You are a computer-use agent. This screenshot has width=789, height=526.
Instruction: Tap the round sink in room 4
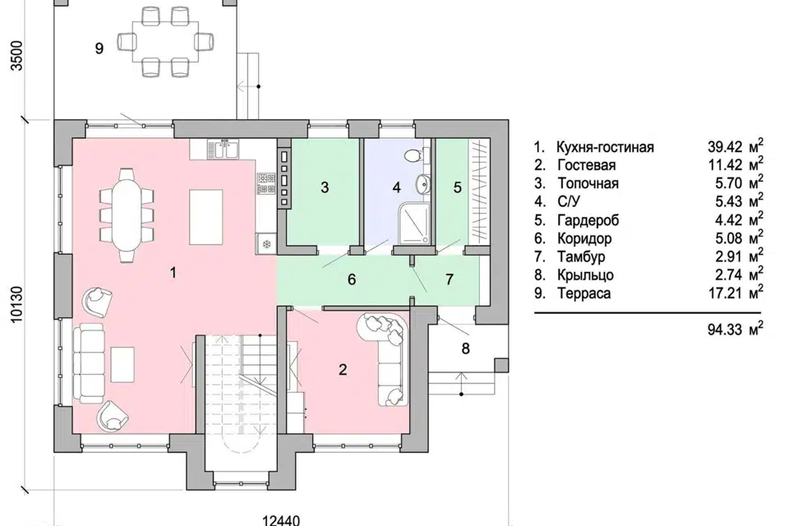(422, 184)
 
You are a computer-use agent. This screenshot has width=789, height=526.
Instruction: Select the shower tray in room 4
(413, 223)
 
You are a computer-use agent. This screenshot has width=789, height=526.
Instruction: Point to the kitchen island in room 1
(205, 217)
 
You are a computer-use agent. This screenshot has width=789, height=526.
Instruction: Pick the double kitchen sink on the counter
(223, 150)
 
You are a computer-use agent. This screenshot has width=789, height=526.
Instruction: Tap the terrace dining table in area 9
(165, 41)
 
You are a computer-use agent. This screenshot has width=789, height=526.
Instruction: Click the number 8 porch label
(465, 348)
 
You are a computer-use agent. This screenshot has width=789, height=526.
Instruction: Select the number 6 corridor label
(352, 279)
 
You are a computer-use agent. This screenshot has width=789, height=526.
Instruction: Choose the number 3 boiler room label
(325, 187)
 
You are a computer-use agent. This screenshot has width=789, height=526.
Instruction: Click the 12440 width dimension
(281, 520)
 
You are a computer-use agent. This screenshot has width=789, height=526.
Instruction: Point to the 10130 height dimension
(16, 304)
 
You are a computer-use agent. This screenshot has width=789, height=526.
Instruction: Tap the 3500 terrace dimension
(16, 56)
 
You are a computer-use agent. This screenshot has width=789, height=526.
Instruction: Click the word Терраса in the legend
(584, 293)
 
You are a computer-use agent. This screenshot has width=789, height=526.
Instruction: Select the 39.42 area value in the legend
(725, 147)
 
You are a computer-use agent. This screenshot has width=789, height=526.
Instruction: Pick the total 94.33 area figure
(725, 330)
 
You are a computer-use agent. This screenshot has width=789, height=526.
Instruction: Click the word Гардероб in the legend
(588, 220)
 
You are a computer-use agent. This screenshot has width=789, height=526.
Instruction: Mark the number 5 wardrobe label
(458, 187)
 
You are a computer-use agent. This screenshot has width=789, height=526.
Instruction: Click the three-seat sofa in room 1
(89, 363)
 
